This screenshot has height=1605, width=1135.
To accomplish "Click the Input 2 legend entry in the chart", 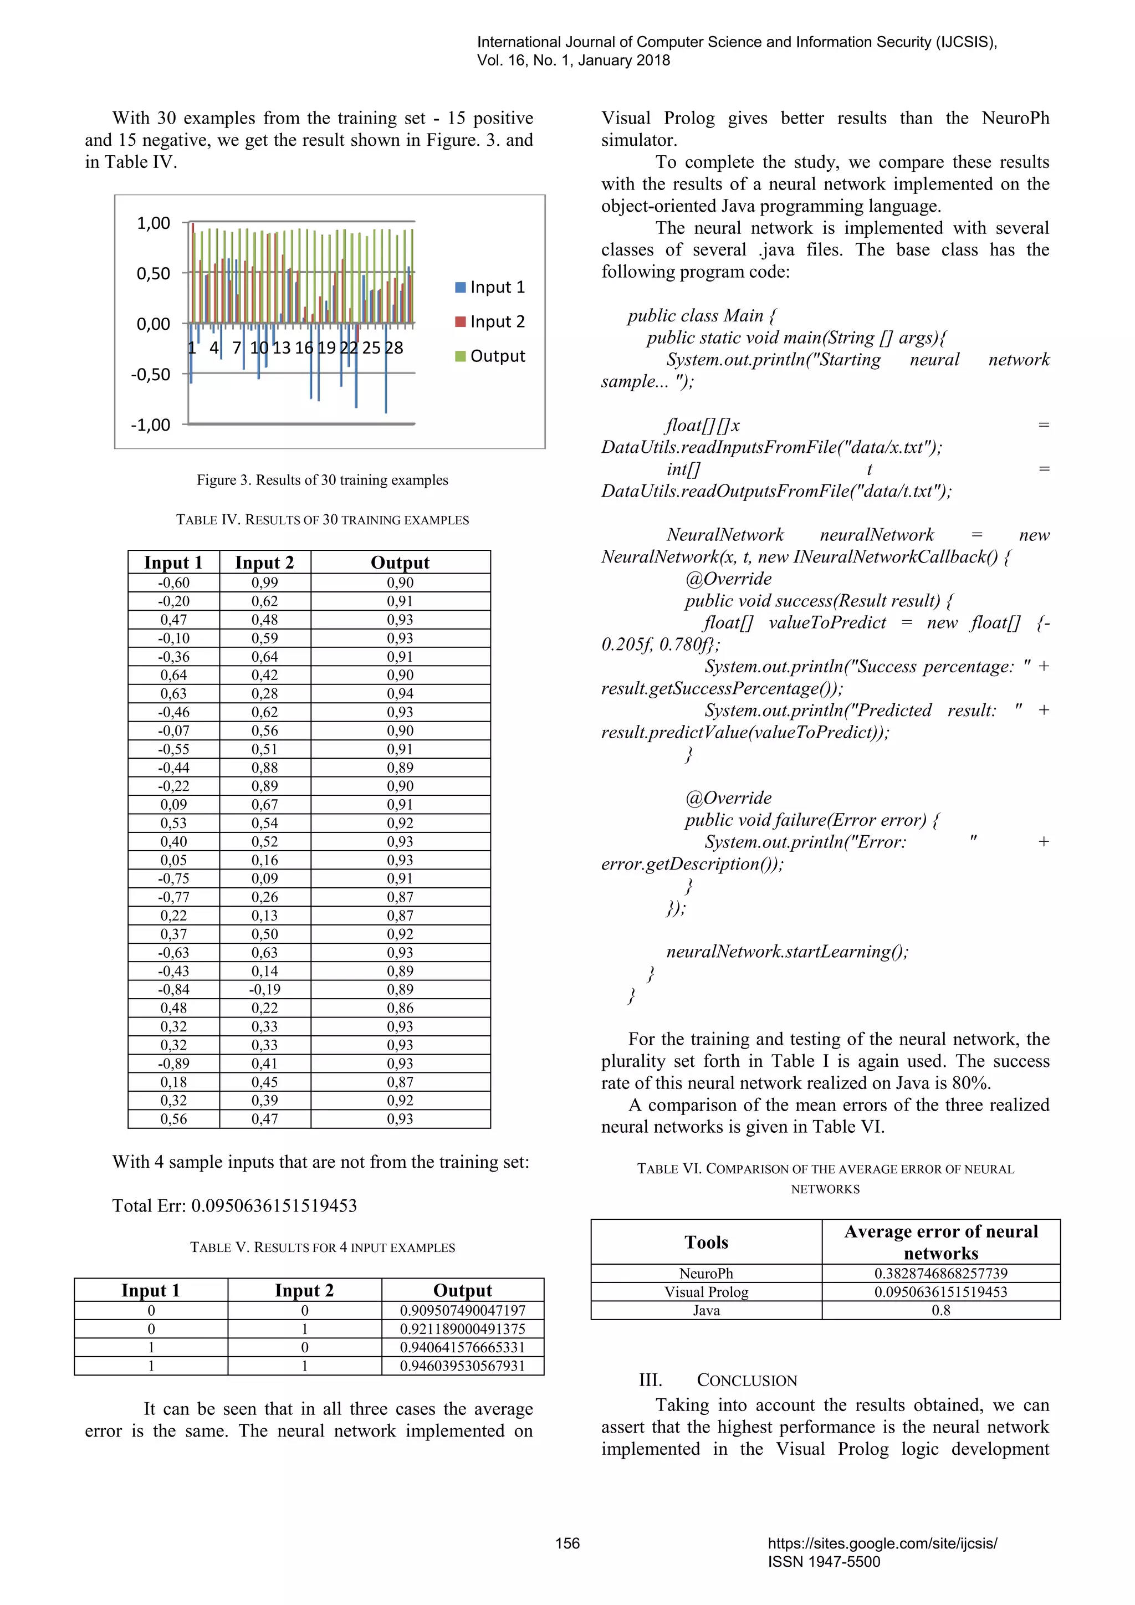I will tap(490, 321).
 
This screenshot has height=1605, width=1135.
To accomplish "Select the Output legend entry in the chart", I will tap(490, 356).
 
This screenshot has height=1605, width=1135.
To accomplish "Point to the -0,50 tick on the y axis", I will tap(150, 375).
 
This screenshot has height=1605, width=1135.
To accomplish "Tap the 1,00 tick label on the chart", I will tap(153, 224).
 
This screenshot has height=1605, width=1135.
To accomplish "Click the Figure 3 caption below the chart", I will tap(322, 481).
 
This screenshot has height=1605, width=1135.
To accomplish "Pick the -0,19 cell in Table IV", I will tap(264, 990).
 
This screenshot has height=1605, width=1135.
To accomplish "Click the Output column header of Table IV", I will tap(400, 563).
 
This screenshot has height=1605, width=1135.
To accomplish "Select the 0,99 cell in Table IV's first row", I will tap(264, 583).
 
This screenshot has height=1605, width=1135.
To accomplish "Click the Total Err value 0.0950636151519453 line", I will tap(235, 1206).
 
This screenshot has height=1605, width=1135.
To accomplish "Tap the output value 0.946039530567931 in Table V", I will tap(462, 1366).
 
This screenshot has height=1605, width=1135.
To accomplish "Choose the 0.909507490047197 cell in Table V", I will tap(462, 1311).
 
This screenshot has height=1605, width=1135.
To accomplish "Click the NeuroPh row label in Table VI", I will tap(706, 1274).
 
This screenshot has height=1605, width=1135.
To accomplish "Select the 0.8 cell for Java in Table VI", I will tap(940, 1311).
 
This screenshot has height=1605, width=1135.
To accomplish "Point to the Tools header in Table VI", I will tap(706, 1242).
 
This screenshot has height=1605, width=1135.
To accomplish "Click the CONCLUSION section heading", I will tap(747, 1381).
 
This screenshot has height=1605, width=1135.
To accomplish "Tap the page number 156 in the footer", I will tap(567, 1543).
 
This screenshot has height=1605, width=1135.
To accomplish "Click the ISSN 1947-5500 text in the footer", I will tap(824, 1562).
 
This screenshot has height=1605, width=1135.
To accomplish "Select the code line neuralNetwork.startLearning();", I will tap(787, 952).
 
